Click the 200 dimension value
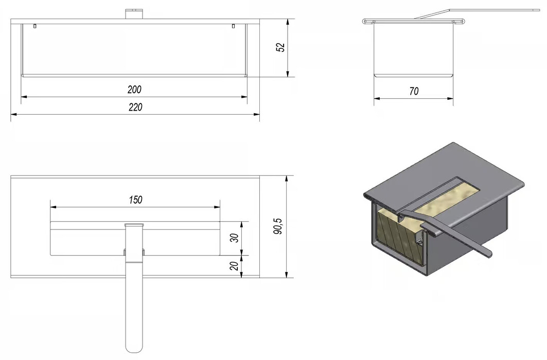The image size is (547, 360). [134, 89]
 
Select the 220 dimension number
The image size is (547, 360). [135, 107]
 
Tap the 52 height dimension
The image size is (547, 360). [280, 47]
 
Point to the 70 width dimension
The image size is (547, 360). [414, 92]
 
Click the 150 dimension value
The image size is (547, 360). [135, 200]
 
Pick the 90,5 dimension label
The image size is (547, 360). [278, 226]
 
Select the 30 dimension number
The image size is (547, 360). [235, 238]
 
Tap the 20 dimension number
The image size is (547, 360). [235, 266]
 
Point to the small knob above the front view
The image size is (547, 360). [134, 14]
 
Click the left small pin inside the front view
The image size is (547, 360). [35, 25]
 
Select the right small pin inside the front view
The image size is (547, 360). [234, 25]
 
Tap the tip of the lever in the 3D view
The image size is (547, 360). [490, 255]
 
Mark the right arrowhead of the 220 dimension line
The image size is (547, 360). [257, 114]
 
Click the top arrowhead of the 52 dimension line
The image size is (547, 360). [288, 22]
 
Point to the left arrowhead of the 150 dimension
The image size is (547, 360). [54, 207]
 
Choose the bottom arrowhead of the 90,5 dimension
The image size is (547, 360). [287, 275]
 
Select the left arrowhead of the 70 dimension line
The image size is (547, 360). [377, 99]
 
